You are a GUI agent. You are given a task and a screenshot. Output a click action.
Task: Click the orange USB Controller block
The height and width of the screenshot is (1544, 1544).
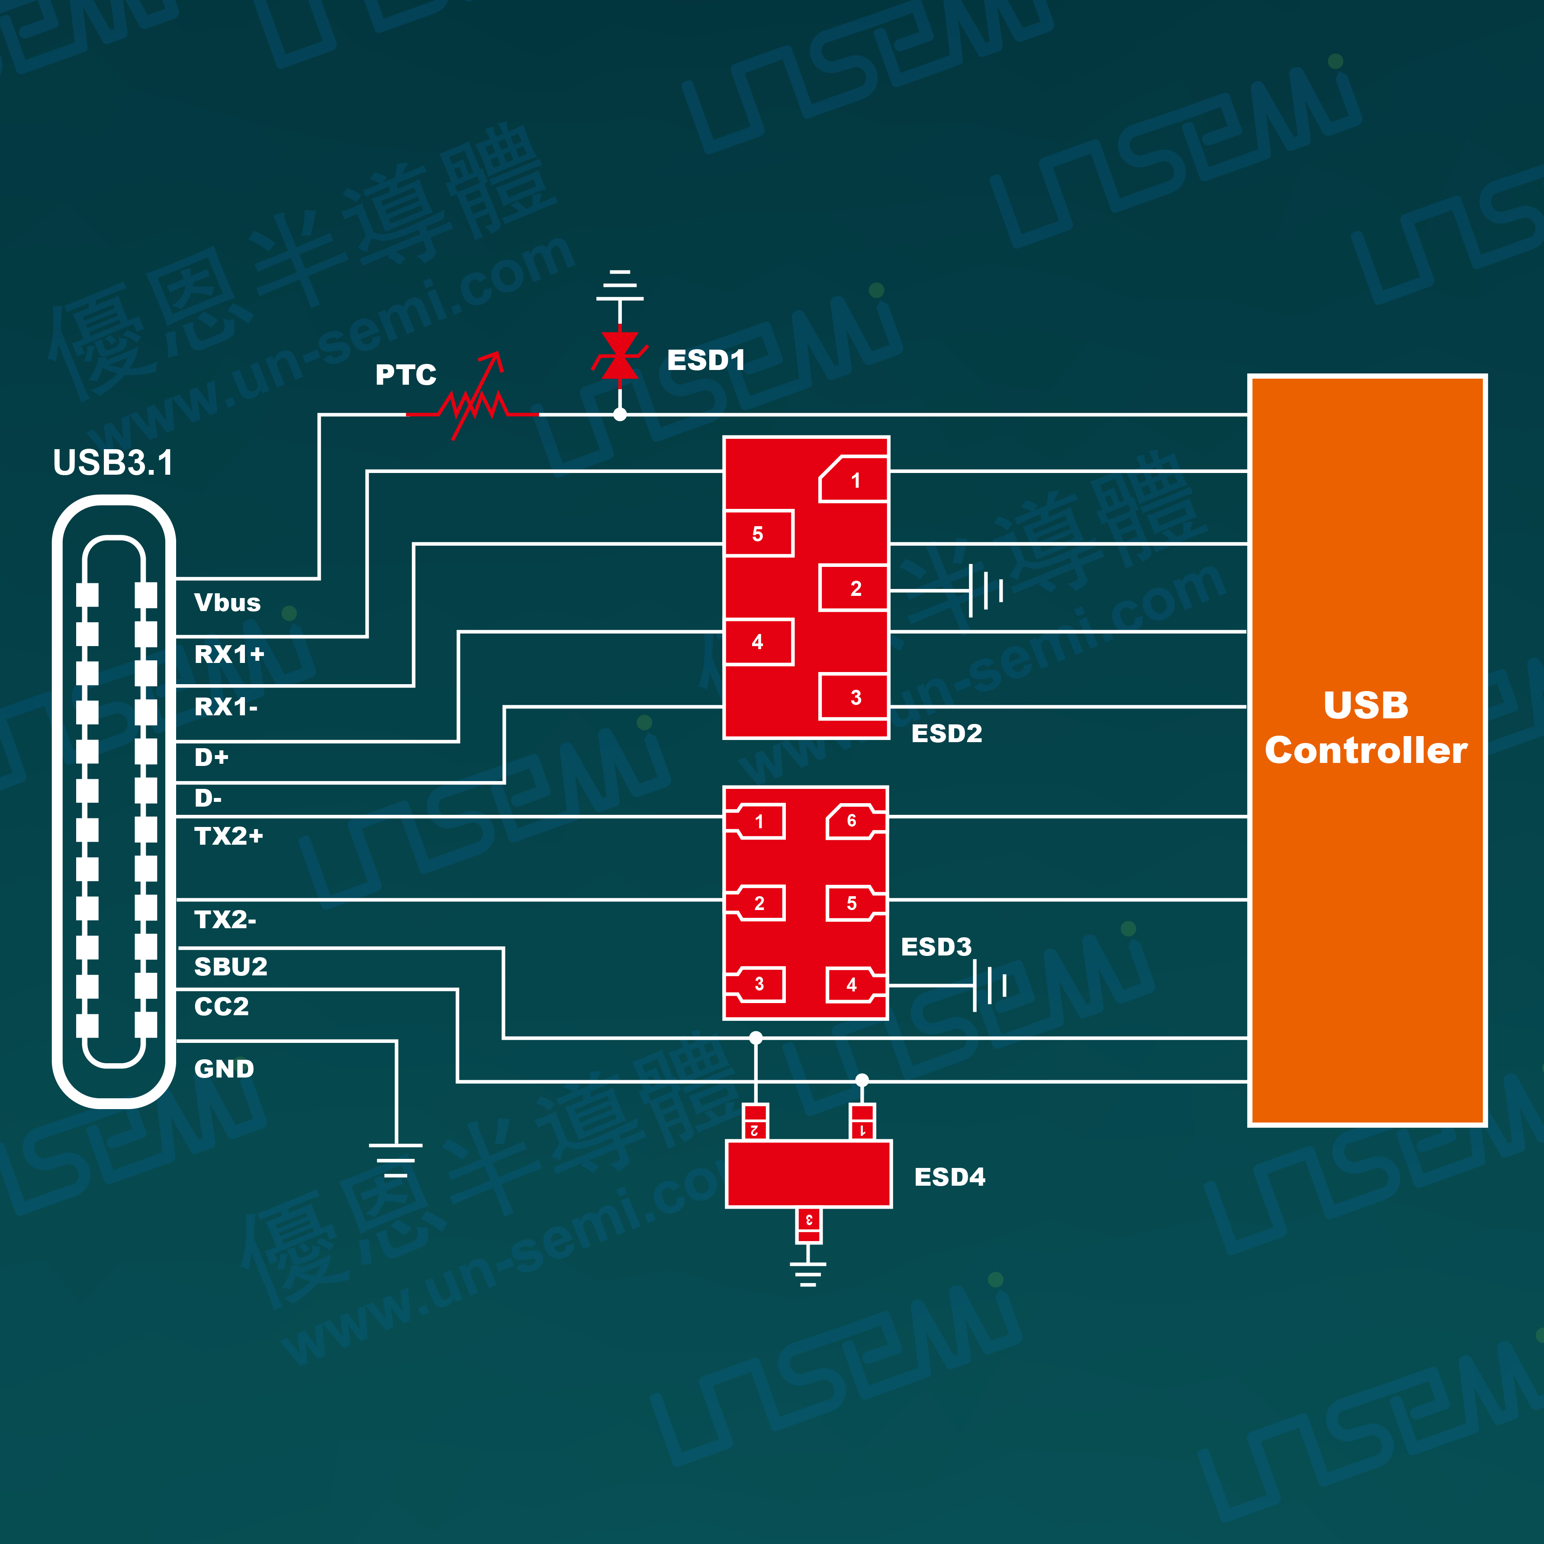(1367, 749)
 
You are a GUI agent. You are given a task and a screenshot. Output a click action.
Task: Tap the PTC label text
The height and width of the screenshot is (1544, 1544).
(406, 375)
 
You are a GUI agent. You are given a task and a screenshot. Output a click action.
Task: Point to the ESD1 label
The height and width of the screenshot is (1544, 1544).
(706, 360)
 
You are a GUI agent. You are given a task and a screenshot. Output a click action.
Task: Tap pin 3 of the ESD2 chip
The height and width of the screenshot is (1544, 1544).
(854, 697)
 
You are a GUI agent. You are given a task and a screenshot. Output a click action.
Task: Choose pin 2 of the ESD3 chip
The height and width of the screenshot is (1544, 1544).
(759, 903)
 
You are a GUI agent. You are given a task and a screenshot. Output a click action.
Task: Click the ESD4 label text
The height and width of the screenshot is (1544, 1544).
(949, 1177)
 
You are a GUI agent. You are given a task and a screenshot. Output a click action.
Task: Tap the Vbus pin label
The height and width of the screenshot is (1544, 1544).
(227, 602)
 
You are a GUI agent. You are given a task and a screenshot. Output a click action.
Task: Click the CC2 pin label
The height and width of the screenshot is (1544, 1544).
(222, 1006)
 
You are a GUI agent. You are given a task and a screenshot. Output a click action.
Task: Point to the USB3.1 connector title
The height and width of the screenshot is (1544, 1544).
(113, 463)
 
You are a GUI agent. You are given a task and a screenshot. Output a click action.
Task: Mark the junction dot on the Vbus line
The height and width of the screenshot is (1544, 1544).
(619, 415)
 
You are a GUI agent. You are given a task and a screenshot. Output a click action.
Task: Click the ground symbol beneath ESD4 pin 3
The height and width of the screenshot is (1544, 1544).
(808, 1273)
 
